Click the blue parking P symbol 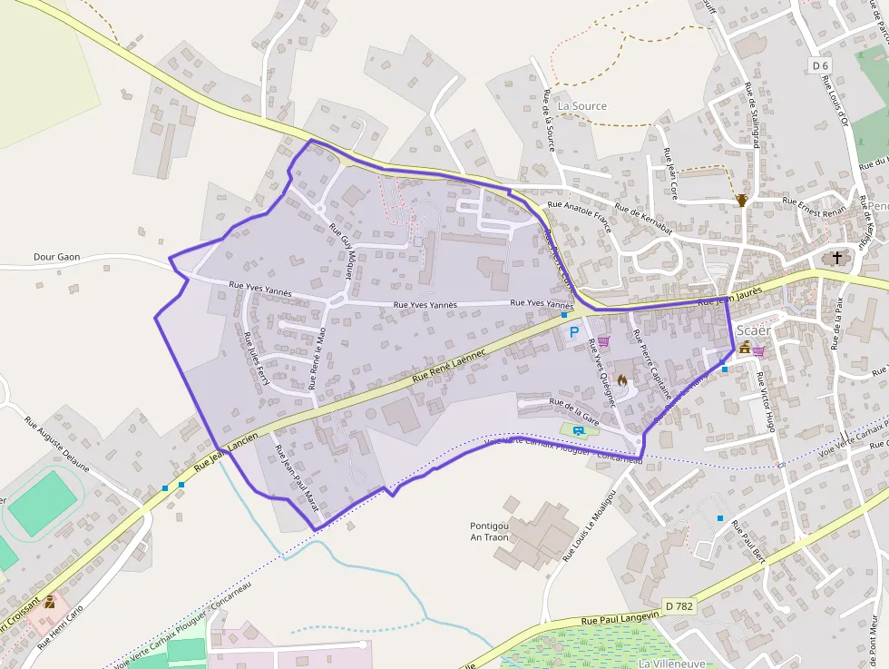pos(573,332)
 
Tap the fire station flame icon pos(621,379)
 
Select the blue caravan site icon pos(579,430)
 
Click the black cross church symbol pos(836,258)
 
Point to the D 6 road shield pos(821,65)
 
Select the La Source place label pos(582,106)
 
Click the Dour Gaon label pos(56,257)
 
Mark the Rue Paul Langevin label pos(626,616)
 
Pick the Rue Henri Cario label pos(61,627)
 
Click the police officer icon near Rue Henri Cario pos(49,601)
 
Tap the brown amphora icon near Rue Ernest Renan pos(742,200)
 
